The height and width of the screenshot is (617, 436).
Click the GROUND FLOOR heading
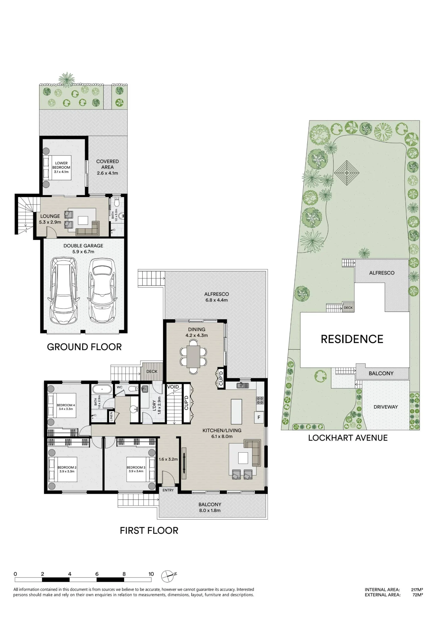(84, 347)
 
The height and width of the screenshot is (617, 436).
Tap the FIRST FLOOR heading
(149, 531)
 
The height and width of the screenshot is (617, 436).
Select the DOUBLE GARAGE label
(83, 246)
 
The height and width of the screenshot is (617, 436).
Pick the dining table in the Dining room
(193, 356)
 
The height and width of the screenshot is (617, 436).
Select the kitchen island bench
(236, 412)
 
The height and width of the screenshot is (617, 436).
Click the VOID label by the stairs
(173, 387)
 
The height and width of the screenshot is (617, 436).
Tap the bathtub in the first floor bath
(102, 389)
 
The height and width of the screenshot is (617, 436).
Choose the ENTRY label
(168, 490)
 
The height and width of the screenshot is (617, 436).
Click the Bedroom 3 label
(136, 467)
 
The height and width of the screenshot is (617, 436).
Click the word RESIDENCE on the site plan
(352, 339)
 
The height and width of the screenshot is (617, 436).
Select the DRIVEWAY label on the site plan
(386, 407)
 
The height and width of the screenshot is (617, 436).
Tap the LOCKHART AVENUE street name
(348, 438)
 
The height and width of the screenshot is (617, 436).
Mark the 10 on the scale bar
(151, 574)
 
